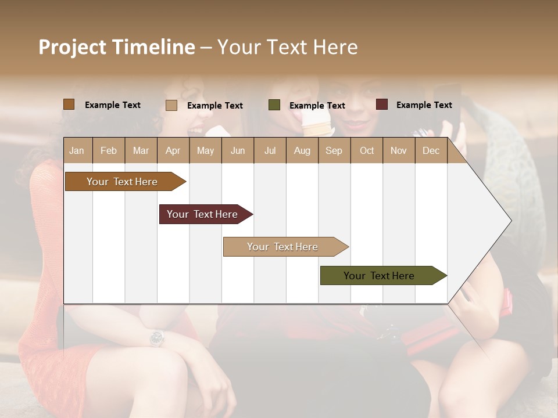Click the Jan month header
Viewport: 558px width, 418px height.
tap(77, 150)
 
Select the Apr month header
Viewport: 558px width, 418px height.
tap(173, 150)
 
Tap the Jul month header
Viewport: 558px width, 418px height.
tap(270, 150)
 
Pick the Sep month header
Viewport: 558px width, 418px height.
tap(334, 150)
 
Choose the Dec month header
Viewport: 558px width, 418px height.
tap(431, 150)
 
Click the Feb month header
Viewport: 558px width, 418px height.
tap(109, 150)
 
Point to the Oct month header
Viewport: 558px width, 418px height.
tap(367, 150)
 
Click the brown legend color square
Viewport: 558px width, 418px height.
tap(69, 105)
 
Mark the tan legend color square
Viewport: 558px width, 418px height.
tap(171, 105)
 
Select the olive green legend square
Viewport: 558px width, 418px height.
tap(274, 105)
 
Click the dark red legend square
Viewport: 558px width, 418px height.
tap(382, 105)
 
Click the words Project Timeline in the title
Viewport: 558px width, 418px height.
tap(117, 47)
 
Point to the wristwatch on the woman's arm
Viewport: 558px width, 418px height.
tap(156, 338)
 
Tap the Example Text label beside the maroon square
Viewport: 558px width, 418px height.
tap(424, 105)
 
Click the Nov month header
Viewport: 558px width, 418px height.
tap(399, 150)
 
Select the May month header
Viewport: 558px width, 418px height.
tap(205, 150)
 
